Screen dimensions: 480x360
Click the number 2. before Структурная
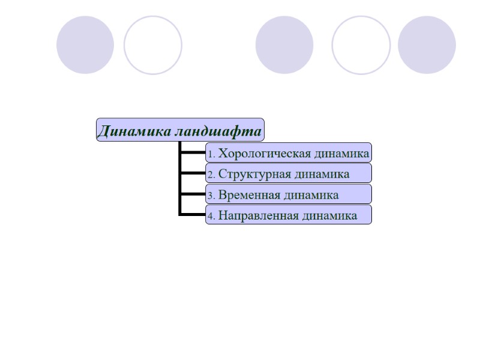211,175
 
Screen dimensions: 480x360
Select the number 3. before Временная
211,196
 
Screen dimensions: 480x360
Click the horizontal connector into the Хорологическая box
193,152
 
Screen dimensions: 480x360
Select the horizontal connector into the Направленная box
193,214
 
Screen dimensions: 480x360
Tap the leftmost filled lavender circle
85,45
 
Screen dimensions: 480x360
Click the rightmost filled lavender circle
427,45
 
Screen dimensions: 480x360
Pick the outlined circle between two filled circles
361,45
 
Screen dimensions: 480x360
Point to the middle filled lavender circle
284,45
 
